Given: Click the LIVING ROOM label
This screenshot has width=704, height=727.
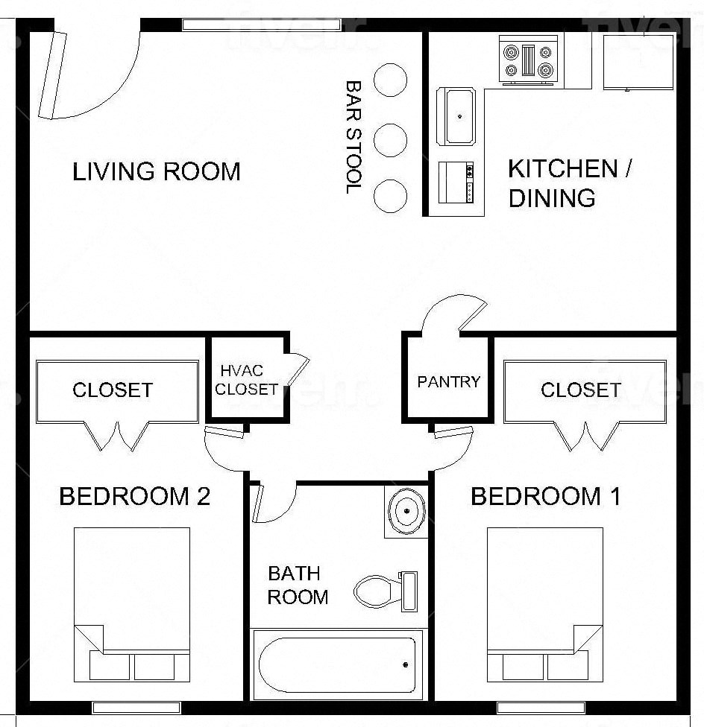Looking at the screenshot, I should [x=157, y=172].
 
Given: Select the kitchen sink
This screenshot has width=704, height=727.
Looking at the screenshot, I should [x=459, y=116].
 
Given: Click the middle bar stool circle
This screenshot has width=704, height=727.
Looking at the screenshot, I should [x=390, y=139].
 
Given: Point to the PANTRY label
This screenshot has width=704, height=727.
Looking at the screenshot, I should [x=448, y=382].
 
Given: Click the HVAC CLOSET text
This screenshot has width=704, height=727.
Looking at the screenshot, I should [x=246, y=380].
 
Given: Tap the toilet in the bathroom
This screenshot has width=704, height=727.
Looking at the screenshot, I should [x=384, y=591].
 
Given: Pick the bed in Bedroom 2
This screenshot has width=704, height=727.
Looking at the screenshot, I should [x=132, y=603].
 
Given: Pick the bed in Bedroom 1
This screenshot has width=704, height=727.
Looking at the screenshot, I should [x=544, y=603].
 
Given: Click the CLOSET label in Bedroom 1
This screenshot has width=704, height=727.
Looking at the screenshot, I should [x=580, y=390].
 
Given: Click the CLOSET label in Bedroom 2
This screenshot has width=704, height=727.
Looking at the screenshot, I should [x=112, y=390].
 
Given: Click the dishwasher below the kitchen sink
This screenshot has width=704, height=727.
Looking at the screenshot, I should [x=456, y=182].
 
